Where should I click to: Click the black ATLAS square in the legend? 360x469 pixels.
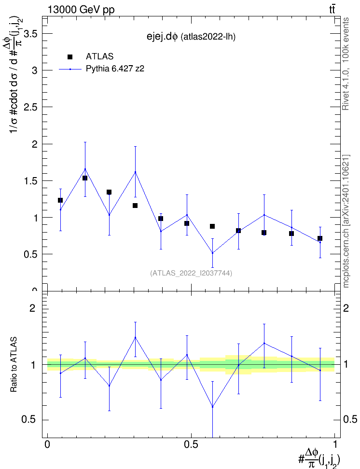pos(70,57)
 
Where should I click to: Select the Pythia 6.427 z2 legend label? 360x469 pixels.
pos(115,69)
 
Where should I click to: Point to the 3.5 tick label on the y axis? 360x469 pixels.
pos(30,34)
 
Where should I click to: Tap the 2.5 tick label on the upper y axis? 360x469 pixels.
pos(30,108)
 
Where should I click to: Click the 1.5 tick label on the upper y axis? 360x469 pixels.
pos(30,181)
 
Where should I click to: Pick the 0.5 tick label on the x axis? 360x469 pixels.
pos(191,444)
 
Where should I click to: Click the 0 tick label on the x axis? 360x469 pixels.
pos(47,444)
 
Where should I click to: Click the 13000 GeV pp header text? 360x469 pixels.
pos(81,10)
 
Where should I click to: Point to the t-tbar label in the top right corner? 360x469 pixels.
pos(332,10)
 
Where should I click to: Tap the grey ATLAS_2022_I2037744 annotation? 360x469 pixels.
pos(191,273)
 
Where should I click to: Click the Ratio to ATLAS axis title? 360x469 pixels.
pos(14,365)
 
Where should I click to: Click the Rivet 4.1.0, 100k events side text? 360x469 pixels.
pos(346,64)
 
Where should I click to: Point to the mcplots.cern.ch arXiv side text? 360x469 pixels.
pos(346,221)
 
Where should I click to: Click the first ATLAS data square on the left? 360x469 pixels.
pos(60,200)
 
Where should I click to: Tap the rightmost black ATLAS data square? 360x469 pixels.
pos(320,238)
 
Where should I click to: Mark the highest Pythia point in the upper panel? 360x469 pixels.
pos(85,169)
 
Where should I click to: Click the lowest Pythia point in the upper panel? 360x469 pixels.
pos(212,253)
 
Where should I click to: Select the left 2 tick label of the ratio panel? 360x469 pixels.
pos(32,308)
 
